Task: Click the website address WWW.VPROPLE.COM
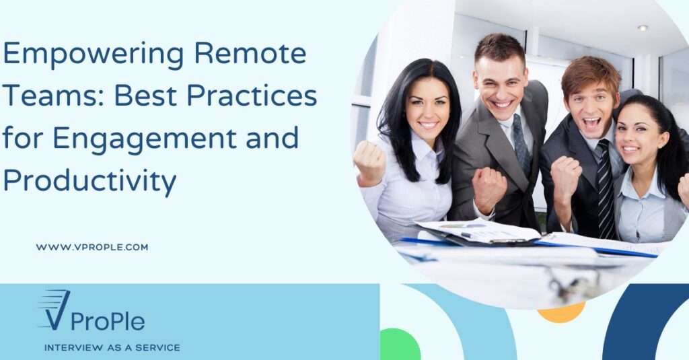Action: click(x=92, y=247)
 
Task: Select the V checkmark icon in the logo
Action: click(x=54, y=310)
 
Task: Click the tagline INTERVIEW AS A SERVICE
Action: click(x=112, y=348)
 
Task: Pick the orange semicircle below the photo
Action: click(x=561, y=313)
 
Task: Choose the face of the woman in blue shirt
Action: click(x=634, y=138)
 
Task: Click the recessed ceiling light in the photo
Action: click(x=643, y=28)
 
